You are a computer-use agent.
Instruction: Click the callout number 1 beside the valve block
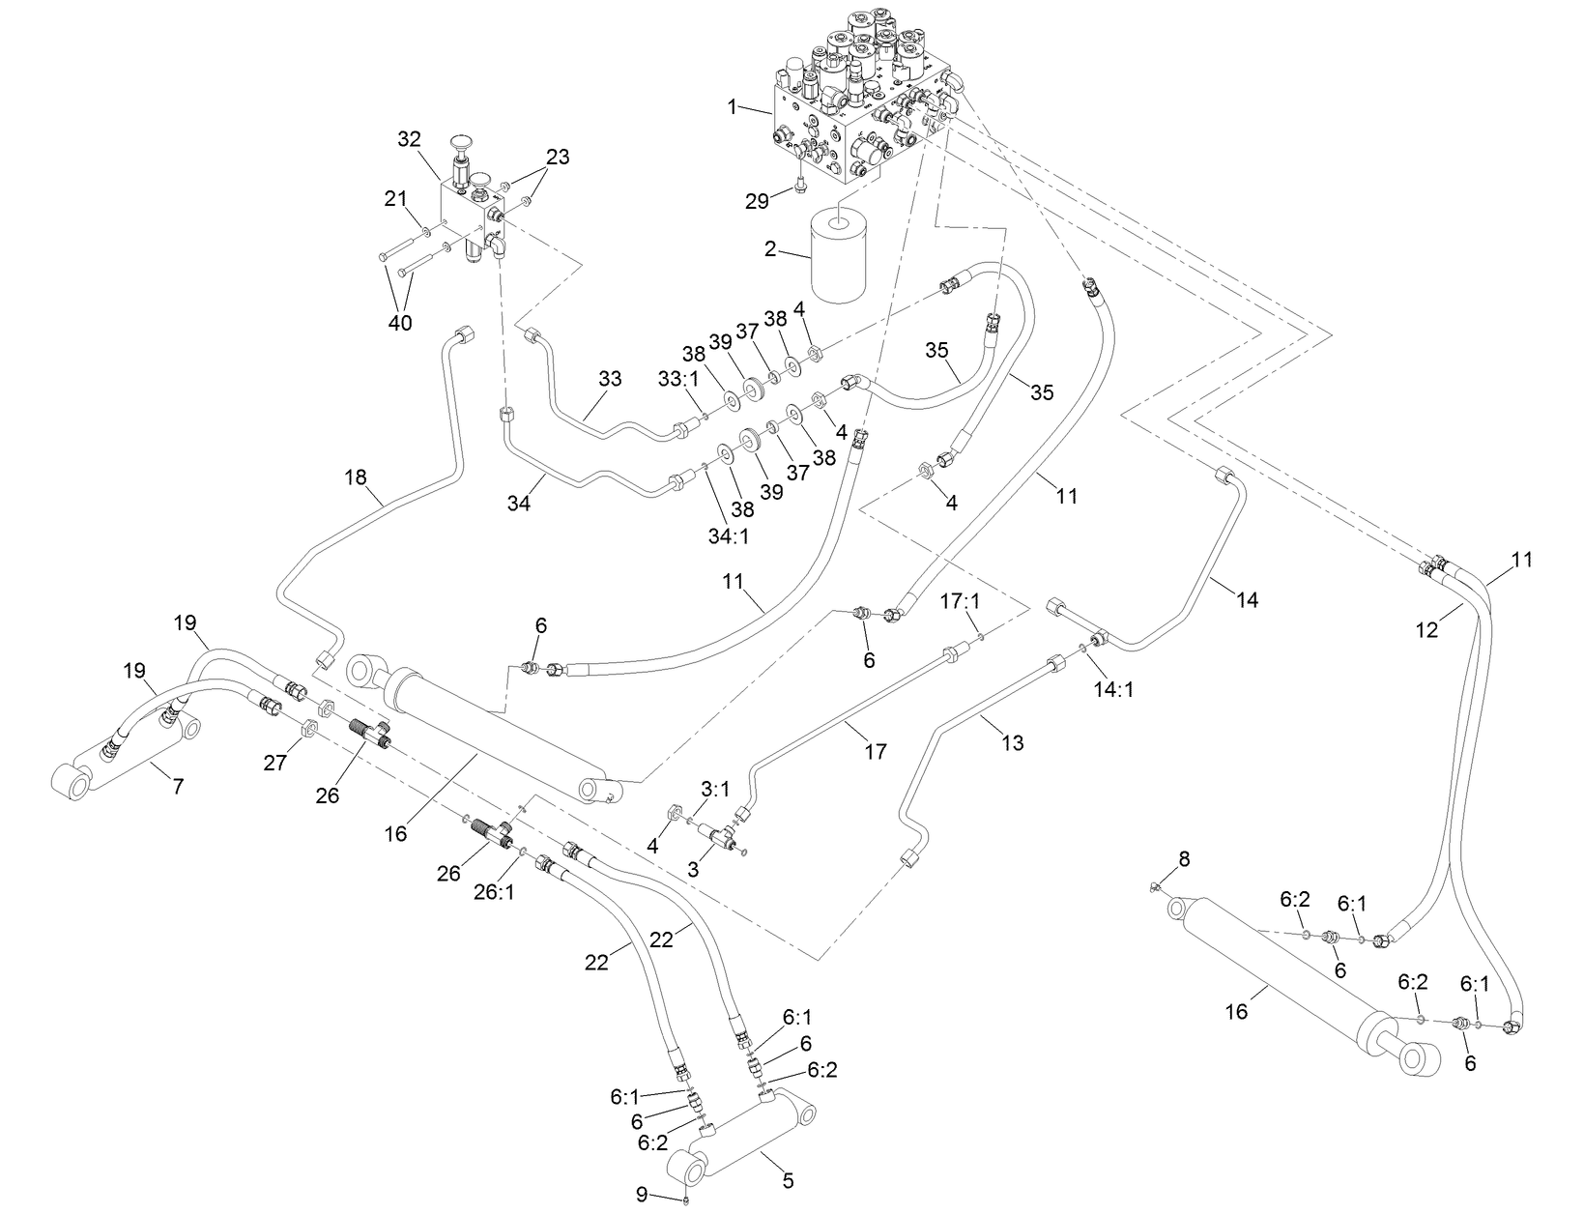tap(733, 106)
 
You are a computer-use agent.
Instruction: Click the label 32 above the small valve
tap(410, 139)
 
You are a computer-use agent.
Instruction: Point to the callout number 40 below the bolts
tap(400, 322)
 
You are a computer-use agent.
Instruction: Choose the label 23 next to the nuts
tap(558, 158)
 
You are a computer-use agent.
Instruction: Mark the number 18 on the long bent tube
tap(358, 477)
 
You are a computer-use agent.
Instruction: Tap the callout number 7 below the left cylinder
tap(177, 787)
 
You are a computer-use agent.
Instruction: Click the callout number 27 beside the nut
tap(275, 763)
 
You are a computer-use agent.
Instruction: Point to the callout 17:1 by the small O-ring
tap(962, 601)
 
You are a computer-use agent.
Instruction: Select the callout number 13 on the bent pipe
tap(1012, 742)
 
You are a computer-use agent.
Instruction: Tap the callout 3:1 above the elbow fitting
tap(715, 789)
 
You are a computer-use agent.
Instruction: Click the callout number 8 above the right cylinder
tap(1184, 858)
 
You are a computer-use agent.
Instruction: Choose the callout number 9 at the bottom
tap(641, 1194)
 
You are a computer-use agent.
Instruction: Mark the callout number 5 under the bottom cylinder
tap(788, 1180)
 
